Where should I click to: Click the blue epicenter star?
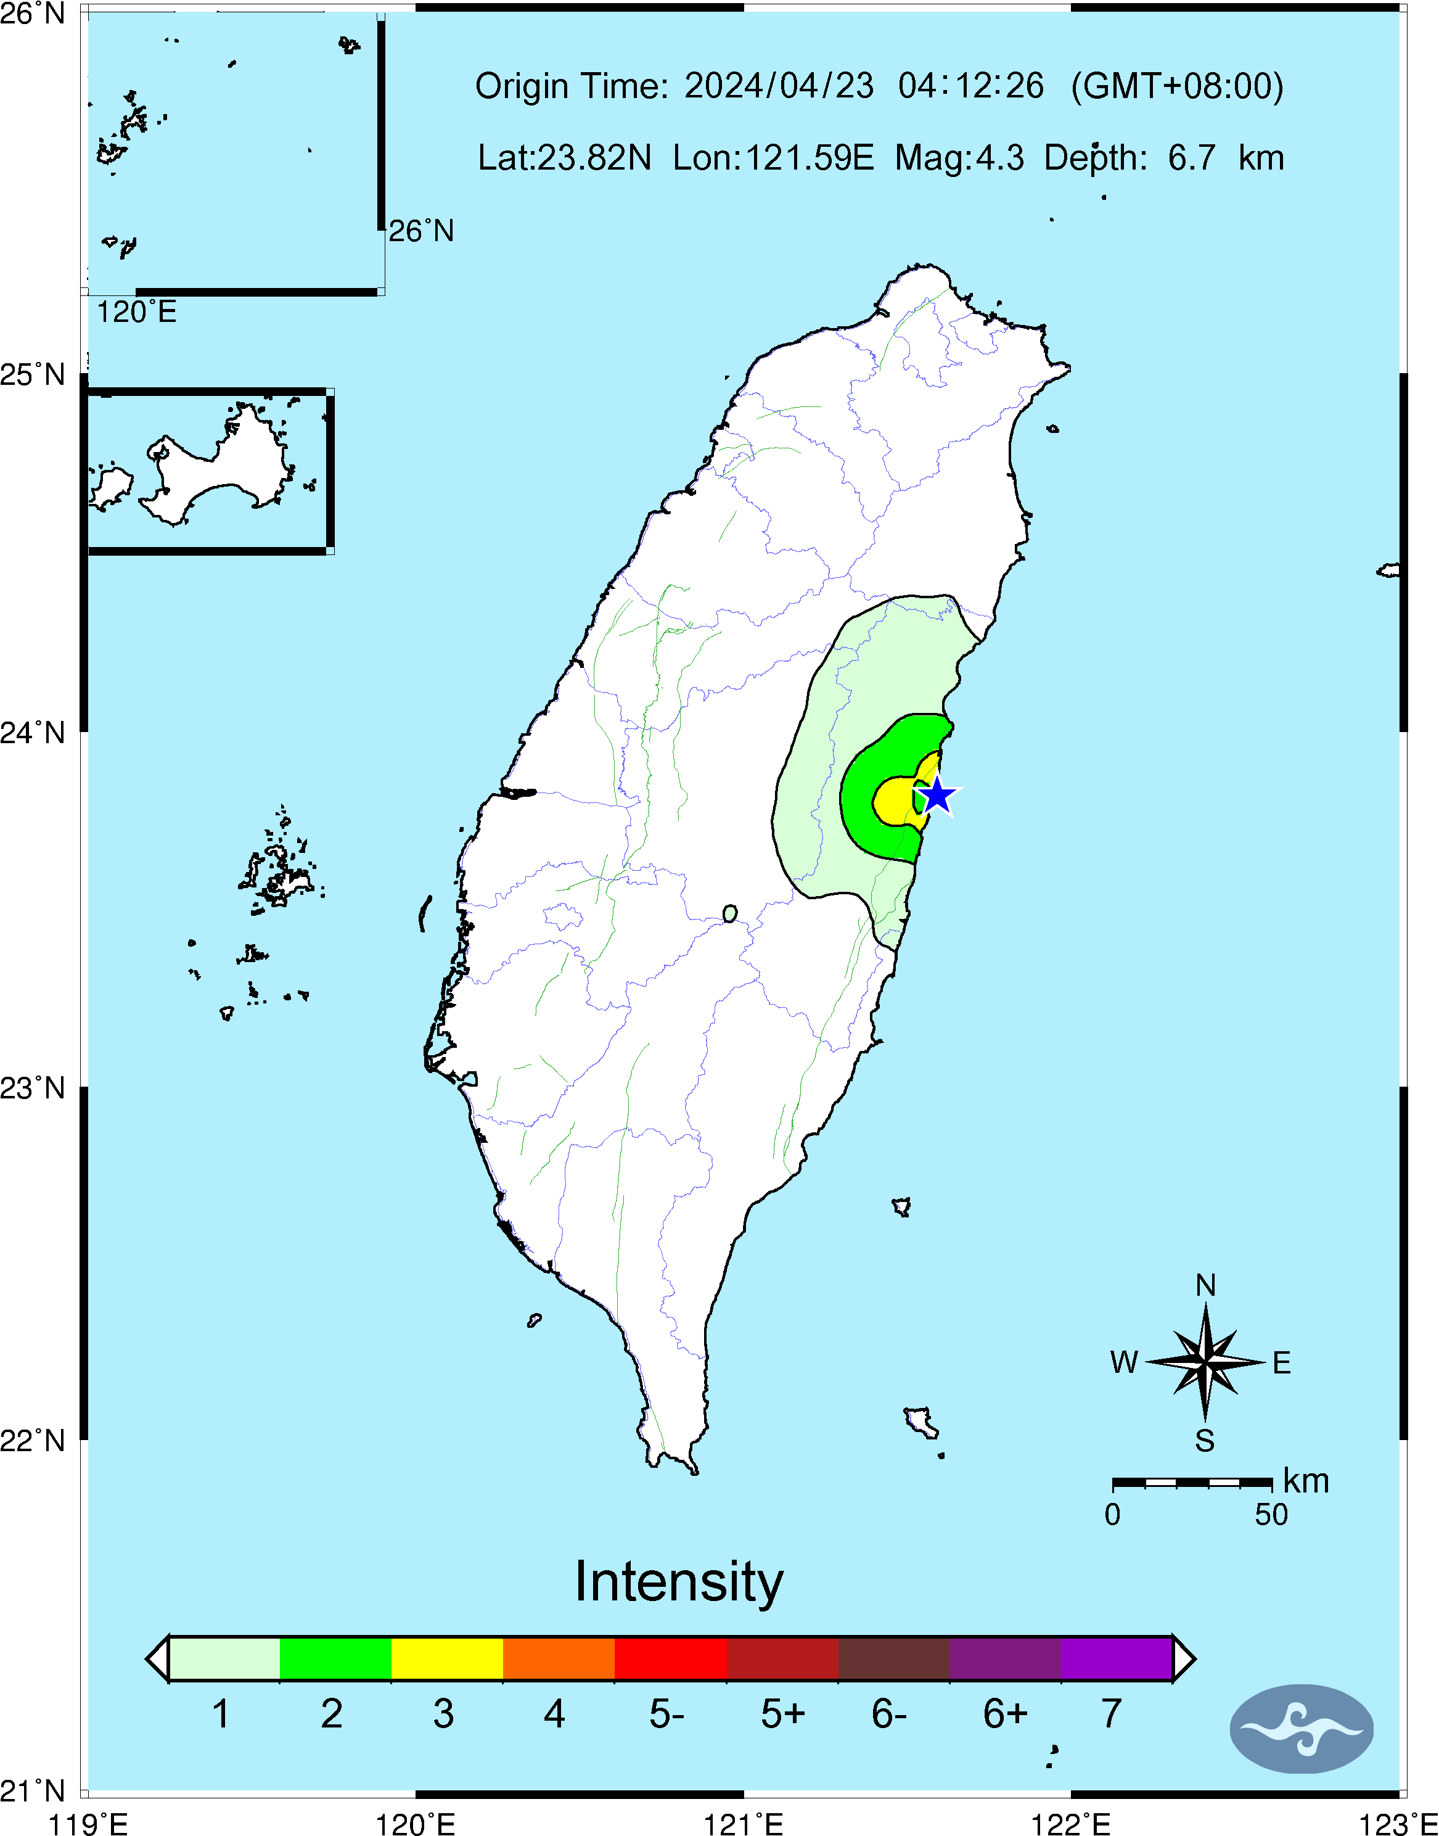click(x=938, y=796)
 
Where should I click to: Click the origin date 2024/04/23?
click(x=779, y=86)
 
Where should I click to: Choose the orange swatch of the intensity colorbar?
click(x=559, y=1658)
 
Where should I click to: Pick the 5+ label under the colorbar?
click(x=782, y=1714)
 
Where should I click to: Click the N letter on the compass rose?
click(x=1205, y=1286)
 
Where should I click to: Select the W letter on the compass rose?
click(x=1124, y=1362)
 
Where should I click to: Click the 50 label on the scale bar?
click(x=1271, y=1515)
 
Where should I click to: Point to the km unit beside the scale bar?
click(x=1306, y=1481)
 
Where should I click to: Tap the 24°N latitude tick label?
click(x=32, y=732)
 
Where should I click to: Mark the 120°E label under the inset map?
click(x=136, y=313)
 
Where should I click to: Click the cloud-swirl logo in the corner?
click(x=1301, y=1729)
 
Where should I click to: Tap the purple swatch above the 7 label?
click(x=1117, y=1658)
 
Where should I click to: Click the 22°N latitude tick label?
click(x=32, y=1441)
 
